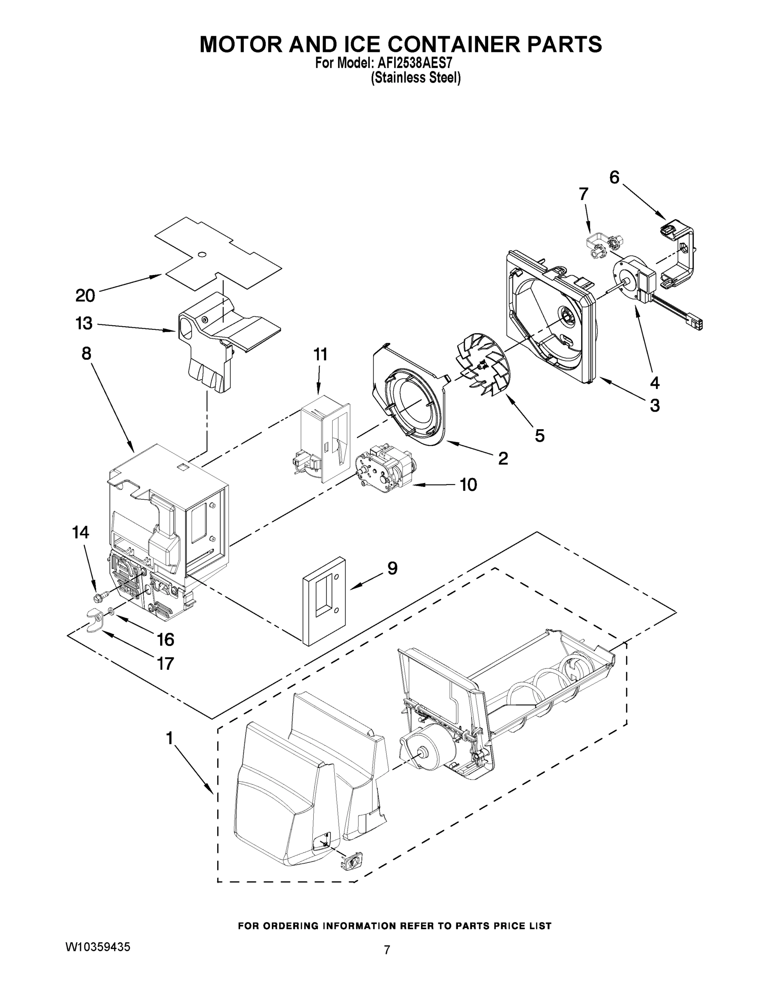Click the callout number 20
tap(85, 295)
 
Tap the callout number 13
tap(84, 323)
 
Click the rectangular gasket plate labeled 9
tap(324, 600)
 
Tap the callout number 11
tap(320, 354)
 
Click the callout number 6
tap(614, 177)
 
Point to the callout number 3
tap(654, 405)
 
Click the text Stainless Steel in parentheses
tap(415, 78)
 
